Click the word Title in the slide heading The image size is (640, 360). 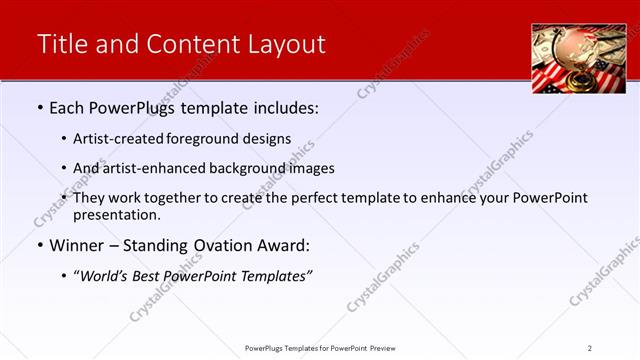pos(61,44)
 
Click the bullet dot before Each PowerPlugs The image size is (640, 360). pos(39,108)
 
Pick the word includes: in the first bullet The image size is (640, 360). pos(282,108)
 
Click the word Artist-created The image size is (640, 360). pos(116,139)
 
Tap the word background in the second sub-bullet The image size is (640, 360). pos(246,168)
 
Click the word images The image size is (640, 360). pos(311,168)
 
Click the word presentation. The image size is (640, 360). pos(116,215)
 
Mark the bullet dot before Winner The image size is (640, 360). pos(39,245)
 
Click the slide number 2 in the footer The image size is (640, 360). pos(590,348)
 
